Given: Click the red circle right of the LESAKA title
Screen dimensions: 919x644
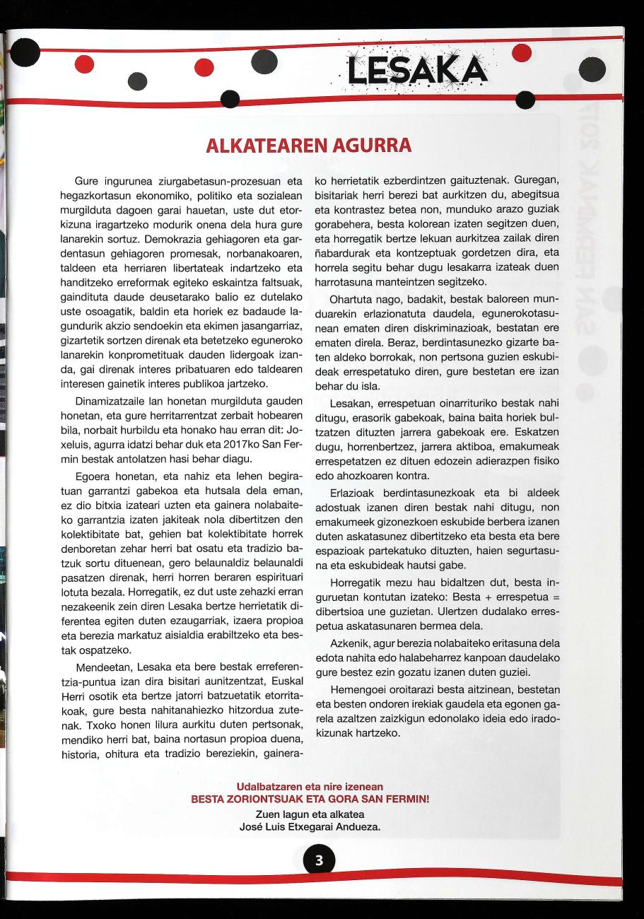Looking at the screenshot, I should (521, 53).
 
